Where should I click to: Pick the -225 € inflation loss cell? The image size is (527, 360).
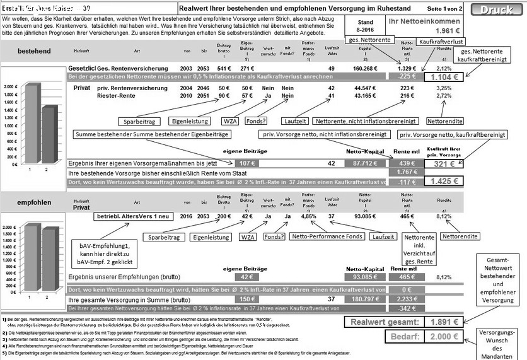point(403,76)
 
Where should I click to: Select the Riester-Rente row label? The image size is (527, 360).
point(115,96)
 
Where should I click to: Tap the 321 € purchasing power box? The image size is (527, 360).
point(443,163)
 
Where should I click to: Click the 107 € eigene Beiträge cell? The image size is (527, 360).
point(247,163)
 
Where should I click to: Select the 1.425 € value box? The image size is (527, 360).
point(443,182)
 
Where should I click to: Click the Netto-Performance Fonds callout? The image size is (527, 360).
point(327,237)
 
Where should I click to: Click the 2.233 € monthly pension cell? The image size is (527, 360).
point(403,299)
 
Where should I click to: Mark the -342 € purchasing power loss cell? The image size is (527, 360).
point(403,308)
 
